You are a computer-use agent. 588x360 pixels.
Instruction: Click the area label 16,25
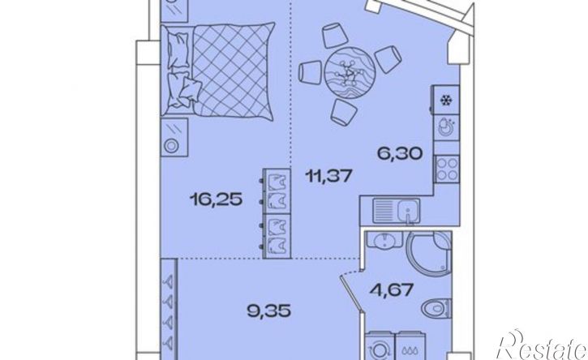coord(216,199)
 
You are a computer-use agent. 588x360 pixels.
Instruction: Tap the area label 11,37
coord(329,175)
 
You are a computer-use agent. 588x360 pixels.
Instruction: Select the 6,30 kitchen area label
coord(400,153)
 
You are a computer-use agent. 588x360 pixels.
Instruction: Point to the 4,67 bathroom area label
coord(392,289)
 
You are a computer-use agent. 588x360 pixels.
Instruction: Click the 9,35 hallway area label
coord(269,311)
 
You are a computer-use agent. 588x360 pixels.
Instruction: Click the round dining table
coord(350,72)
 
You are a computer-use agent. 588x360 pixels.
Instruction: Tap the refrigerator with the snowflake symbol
coord(446,100)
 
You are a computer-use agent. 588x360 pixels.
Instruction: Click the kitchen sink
coord(397,212)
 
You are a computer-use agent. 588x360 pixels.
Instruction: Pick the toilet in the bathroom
coord(436,309)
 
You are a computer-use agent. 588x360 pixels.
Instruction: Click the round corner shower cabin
coord(429,253)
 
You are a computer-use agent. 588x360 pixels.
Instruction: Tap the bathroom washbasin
coord(384,239)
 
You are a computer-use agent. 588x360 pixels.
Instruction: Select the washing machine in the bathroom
coord(380,346)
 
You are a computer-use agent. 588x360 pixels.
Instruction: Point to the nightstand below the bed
coord(174,137)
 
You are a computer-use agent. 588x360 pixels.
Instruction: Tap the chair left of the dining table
coord(310,72)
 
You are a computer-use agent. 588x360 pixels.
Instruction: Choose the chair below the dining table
coord(344,113)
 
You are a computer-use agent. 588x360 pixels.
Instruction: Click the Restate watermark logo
coord(541,345)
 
